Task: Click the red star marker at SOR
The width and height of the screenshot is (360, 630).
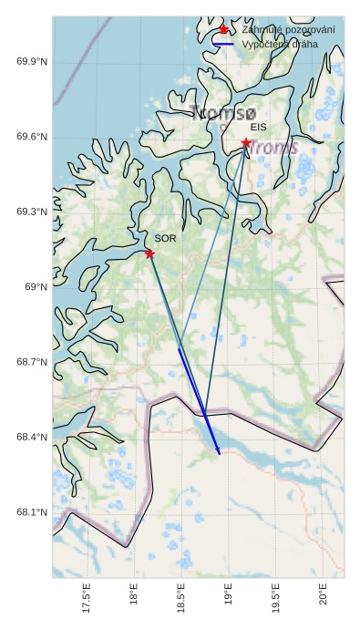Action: point(149,253)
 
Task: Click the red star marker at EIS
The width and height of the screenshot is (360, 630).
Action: point(246,143)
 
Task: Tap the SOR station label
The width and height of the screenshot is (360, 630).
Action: point(165,238)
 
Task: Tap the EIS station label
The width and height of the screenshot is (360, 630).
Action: point(258,128)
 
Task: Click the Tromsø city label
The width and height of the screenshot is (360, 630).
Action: point(223,114)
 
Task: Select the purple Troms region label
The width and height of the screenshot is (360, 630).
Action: point(274,148)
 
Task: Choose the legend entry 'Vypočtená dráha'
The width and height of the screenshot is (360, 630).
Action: point(281,44)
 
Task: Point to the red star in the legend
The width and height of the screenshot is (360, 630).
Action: point(223,30)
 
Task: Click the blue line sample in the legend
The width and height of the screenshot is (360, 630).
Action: point(223,44)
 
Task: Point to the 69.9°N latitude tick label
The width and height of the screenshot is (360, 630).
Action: point(32,62)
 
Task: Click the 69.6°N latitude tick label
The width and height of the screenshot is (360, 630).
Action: point(32,138)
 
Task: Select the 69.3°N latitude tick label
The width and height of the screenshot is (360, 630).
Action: point(32,212)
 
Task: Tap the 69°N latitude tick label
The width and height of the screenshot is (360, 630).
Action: point(36,287)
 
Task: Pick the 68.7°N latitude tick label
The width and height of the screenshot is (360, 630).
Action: point(32,363)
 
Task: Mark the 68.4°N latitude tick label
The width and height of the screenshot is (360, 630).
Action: point(32,438)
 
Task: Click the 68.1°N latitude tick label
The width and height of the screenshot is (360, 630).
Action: point(32,512)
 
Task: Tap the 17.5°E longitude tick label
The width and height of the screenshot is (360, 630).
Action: point(87,602)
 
